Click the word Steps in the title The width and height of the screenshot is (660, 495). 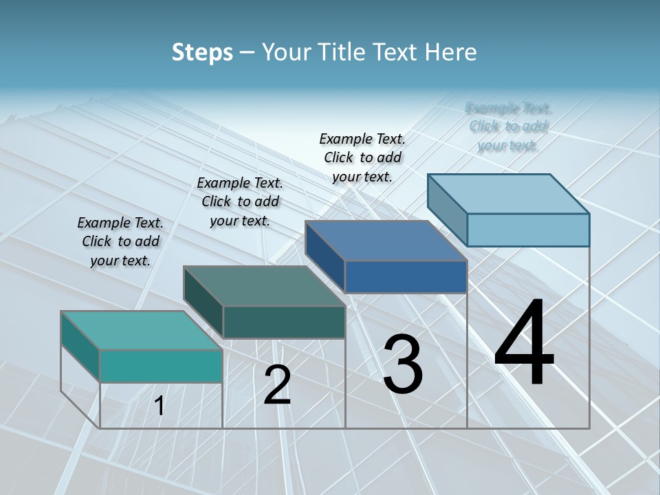[202, 52]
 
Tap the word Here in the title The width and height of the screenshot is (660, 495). [451, 52]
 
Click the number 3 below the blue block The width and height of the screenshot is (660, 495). [403, 364]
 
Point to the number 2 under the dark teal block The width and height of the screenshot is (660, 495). [277, 385]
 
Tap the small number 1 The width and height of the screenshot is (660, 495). [159, 406]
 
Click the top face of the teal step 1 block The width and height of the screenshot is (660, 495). [141, 330]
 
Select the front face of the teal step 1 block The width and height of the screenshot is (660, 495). [161, 366]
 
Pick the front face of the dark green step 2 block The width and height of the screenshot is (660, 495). [284, 322]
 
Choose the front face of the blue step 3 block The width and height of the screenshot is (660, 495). [406, 276]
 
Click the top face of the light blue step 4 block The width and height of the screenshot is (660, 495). [508, 194]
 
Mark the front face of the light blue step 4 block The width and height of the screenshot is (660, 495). [528, 230]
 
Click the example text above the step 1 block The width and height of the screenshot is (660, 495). [120, 241]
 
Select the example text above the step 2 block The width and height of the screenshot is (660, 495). [240, 201]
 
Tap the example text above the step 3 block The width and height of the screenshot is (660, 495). [362, 157]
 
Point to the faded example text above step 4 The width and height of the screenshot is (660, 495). [508, 126]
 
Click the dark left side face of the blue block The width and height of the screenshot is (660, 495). [324, 256]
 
